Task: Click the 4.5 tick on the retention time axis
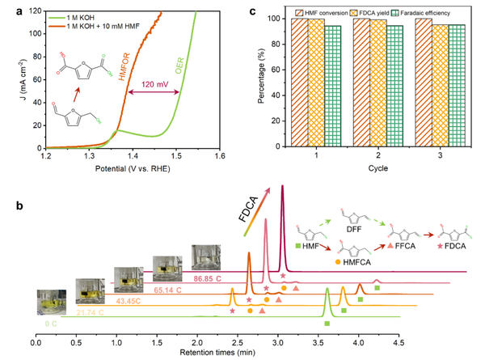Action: click(399, 341)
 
